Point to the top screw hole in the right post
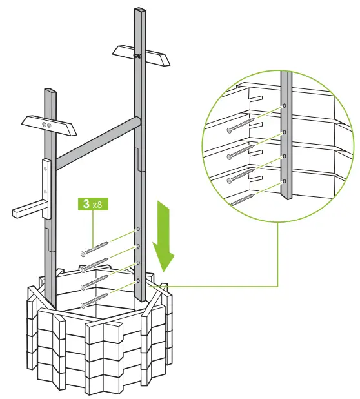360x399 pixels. [137, 230]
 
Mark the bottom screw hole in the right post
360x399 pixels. [137, 281]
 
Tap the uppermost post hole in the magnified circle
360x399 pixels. [284, 106]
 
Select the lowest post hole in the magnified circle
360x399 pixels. [284, 182]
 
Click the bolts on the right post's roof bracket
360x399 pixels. [137, 56]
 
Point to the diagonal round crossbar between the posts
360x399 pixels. [97, 141]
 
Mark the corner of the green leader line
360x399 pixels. [277, 285]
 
